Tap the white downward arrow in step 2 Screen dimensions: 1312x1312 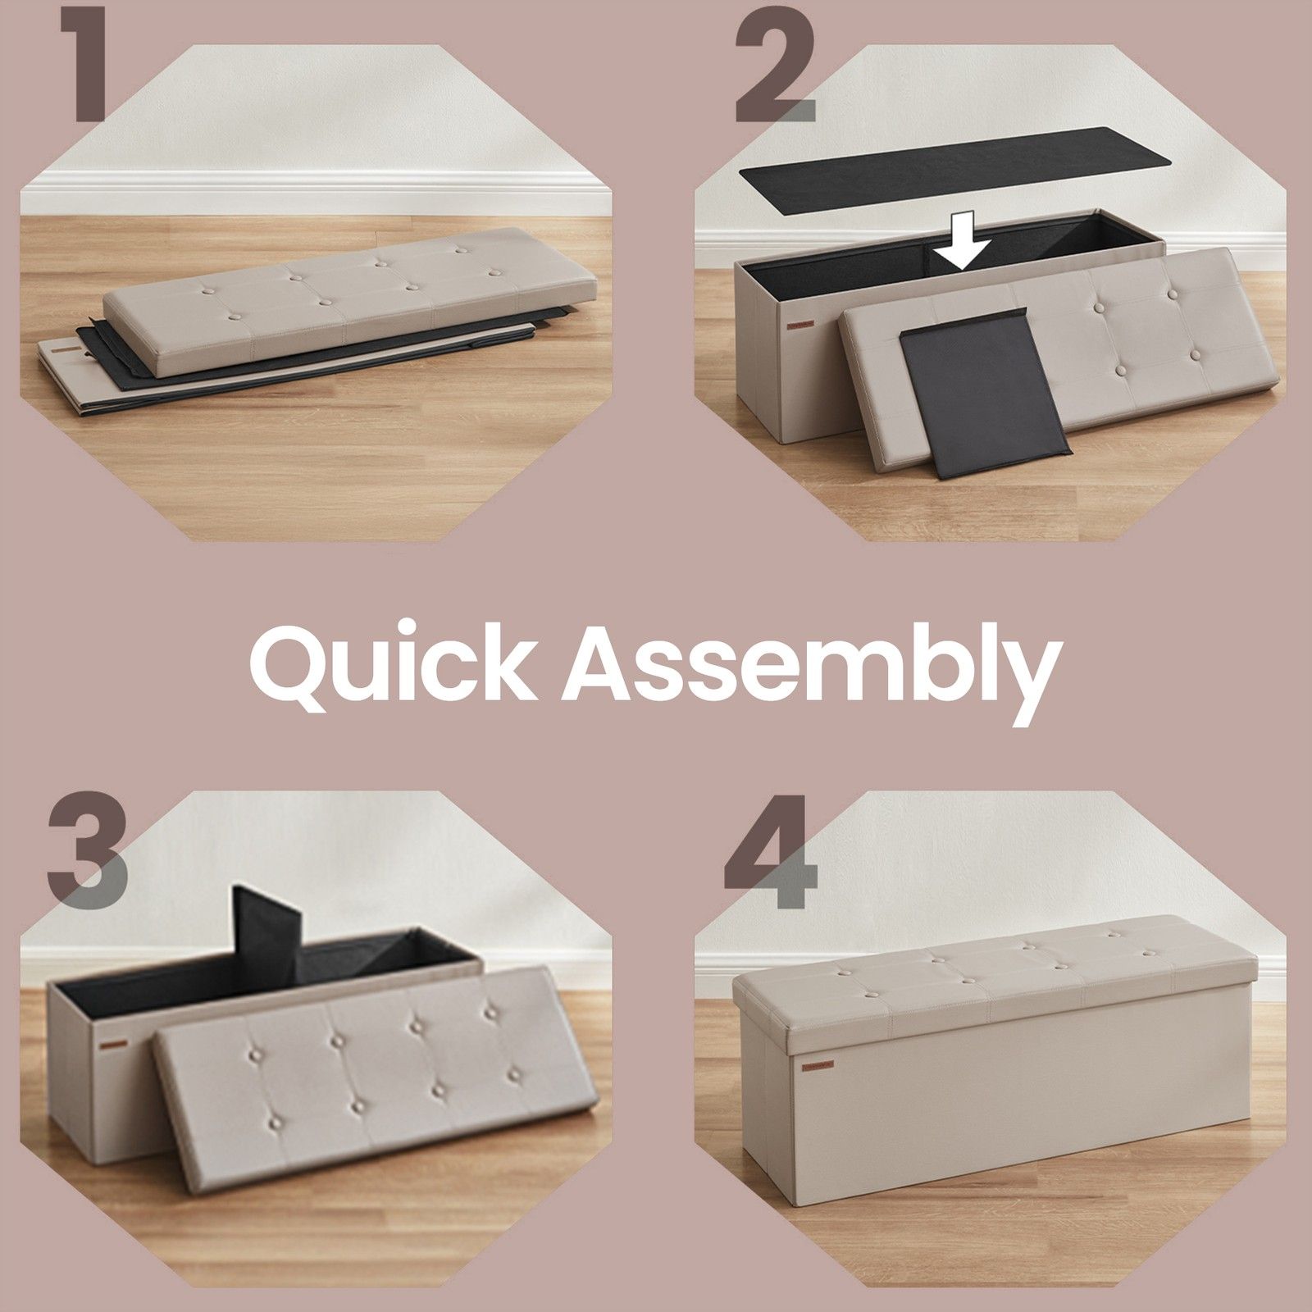coord(963,239)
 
